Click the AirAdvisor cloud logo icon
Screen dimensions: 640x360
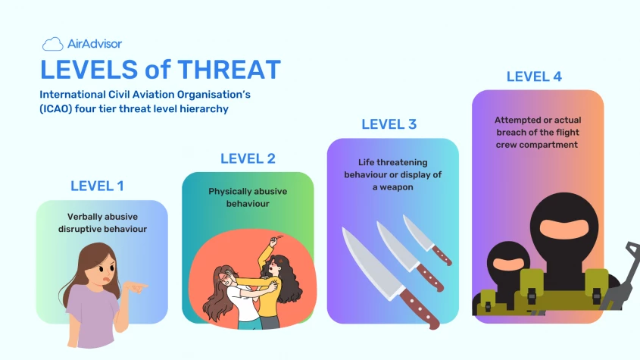[x=53, y=44]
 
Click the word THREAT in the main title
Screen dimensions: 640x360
[x=229, y=70]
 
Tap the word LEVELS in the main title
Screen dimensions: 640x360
[x=89, y=70]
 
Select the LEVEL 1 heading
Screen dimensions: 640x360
[x=97, y=186]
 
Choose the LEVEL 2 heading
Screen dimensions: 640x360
[x=248, y=158]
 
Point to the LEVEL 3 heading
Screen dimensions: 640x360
[x=389, y=124]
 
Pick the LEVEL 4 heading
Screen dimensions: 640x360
[x=534, y=77]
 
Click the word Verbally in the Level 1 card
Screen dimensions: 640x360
[x=86, y=217]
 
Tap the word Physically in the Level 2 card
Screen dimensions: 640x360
[x=227, y=192]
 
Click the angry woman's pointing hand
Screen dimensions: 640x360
[x=136, y=286]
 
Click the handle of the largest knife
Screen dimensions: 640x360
[x=419, y=308]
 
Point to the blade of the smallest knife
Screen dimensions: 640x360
[x=417, y=233]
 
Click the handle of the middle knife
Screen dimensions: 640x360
[x=429, y=278]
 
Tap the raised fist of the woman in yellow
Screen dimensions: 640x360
[x=273, y=241]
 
